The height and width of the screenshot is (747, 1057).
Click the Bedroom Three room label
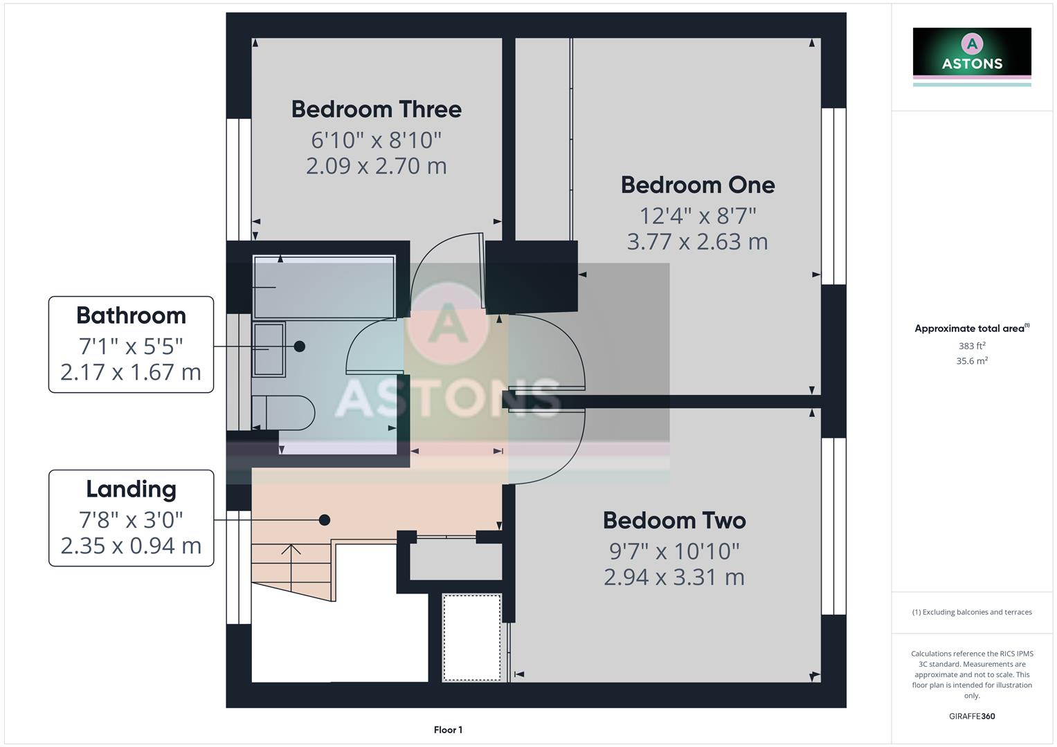(376, 109)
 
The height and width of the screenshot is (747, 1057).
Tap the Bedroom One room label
(697, 185)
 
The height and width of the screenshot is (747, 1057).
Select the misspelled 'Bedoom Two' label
(674, 520)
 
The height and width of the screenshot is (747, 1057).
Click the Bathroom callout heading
(131, 315)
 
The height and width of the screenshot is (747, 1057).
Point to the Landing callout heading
(131, 489)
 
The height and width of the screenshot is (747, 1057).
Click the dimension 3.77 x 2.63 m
(697, 241)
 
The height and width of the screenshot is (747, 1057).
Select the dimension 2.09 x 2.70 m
(376, 166)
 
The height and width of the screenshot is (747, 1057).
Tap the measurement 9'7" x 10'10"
(674, 551)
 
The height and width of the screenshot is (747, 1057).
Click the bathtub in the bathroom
(324, 287)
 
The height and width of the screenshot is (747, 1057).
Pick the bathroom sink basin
(269, 349)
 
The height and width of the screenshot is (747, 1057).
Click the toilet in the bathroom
(284, 413)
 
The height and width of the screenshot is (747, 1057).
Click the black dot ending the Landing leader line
(324, 519)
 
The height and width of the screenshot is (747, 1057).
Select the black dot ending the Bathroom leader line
(299, 346)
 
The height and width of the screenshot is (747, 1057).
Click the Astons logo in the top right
(971, 53)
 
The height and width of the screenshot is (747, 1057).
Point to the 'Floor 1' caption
(448, 730)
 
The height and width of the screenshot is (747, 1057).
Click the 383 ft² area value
(971, 346)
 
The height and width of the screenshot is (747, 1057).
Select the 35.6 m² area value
(971, 361)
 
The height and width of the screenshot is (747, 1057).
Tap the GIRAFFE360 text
(971, 716)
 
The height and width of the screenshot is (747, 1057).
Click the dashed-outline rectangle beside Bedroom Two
(471, 637)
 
